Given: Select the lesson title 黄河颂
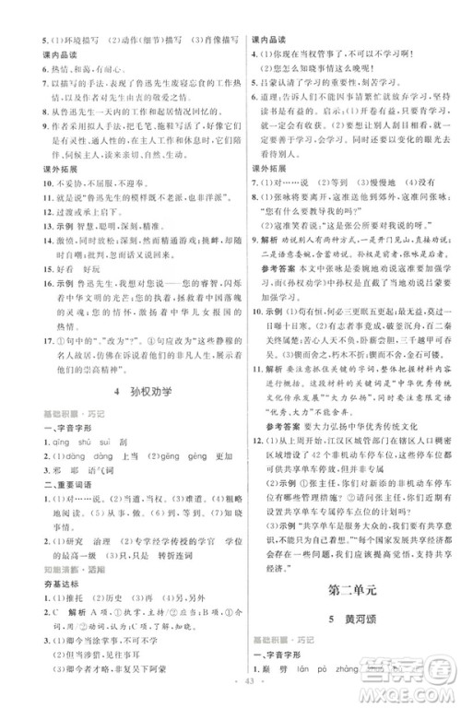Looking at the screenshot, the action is pyautogui.click(x=352, y=619).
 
